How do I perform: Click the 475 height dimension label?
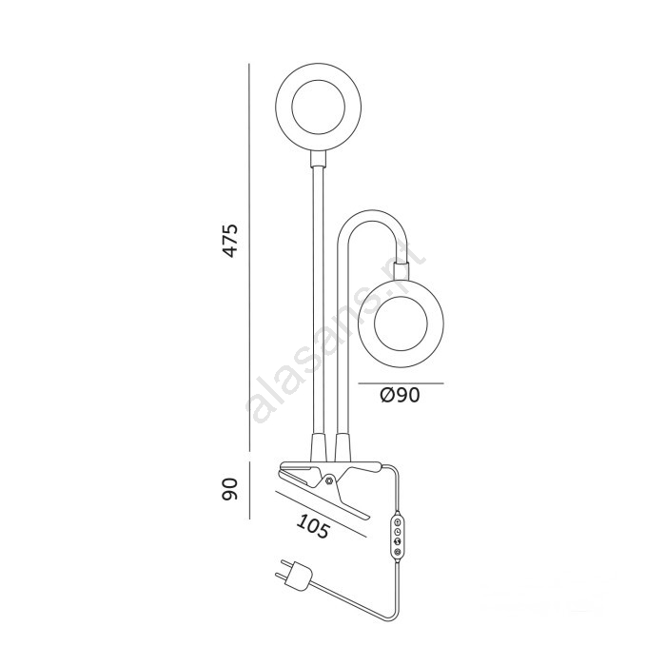[x=230, y=241]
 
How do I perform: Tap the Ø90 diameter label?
[x=400, y=396]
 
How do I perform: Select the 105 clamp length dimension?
[x=313, y=526]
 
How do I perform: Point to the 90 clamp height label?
[x=230, y=489]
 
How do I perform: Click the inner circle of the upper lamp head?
[x=318, y=107]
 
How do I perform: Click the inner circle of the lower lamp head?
[x=401, y=324]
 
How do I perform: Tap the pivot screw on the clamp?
[x=329, y=480]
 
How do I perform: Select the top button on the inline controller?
[x=397, y=521]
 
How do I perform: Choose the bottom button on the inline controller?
[x=398, y=552]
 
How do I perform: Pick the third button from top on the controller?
[x=398, y=541]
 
